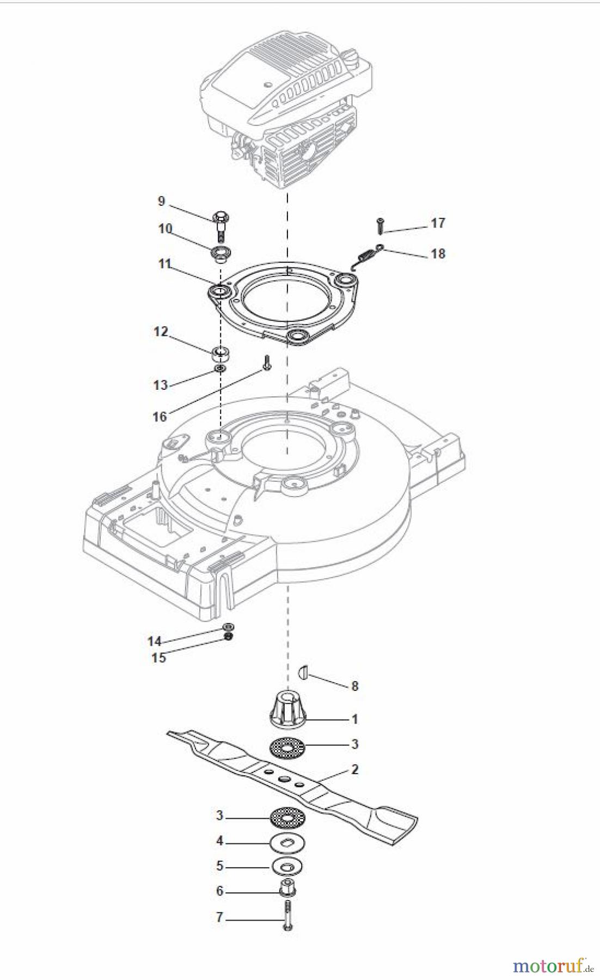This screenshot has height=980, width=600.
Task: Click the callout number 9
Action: [x=161, y=201]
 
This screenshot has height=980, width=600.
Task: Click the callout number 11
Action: [x=164, y=264]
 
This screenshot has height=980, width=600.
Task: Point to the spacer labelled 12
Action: [x=222, y=354]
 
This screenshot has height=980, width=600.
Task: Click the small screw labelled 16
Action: [x=266, y=363]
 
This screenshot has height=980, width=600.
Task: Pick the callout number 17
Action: [x=438, y=223]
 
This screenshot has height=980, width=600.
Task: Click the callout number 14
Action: [x=154, y=641]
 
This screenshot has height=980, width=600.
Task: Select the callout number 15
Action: [x=158, y=658]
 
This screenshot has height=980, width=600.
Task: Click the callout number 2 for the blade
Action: [x=354, y=770]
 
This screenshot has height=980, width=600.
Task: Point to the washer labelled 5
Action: [x=287, y=866]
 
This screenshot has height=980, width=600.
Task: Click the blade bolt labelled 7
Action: [x=288, y=917]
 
